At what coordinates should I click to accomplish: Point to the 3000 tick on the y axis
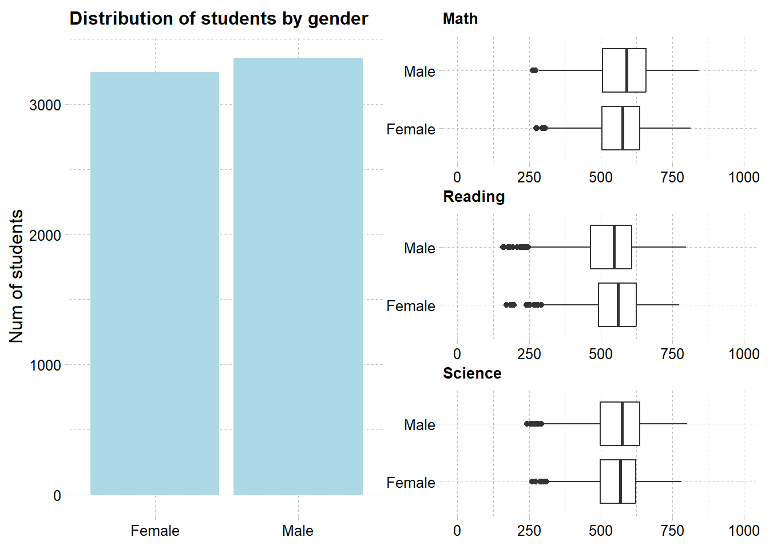(x=45, y=105)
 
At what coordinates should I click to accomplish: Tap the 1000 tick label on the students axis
(x=45, y=365)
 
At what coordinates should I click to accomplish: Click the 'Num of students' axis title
(x=17, y=276)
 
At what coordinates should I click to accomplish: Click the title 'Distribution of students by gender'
(x=219, y=19)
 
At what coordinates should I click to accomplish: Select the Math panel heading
(x=460, y=19)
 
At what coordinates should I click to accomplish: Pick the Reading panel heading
(x=474, y=197)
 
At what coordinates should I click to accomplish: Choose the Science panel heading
(x=472, y=373)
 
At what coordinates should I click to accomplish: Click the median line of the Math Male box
(x=627, y=70)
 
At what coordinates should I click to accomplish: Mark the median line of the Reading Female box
(x=618, y=305)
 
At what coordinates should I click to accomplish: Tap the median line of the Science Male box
(x=622, y=424)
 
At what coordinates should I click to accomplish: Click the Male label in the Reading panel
(x=419, y=248)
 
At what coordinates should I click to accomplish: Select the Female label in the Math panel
(x=411, y=129)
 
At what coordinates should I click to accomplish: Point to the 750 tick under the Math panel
(x=672, y=177)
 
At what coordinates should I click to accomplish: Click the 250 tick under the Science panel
(x=529, y=531)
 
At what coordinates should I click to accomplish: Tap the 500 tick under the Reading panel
(x=600, y=354)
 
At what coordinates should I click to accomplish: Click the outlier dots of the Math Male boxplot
(x=534, y=70)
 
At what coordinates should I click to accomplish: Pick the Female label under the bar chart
(x=154, y=531)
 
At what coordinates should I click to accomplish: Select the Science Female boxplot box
(x=610, y=482)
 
